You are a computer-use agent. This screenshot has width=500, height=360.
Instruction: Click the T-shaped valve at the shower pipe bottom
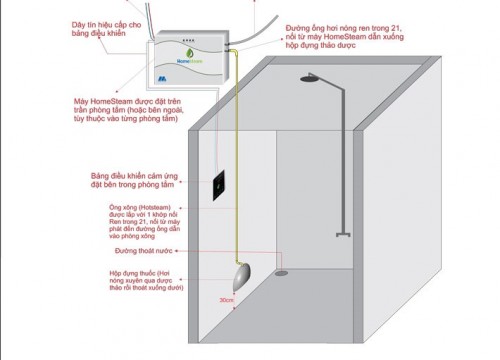pos(345,233)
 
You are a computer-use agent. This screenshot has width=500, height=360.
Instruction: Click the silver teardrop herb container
pos(241,272)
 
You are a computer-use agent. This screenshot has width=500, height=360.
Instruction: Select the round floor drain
pos(283,270)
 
